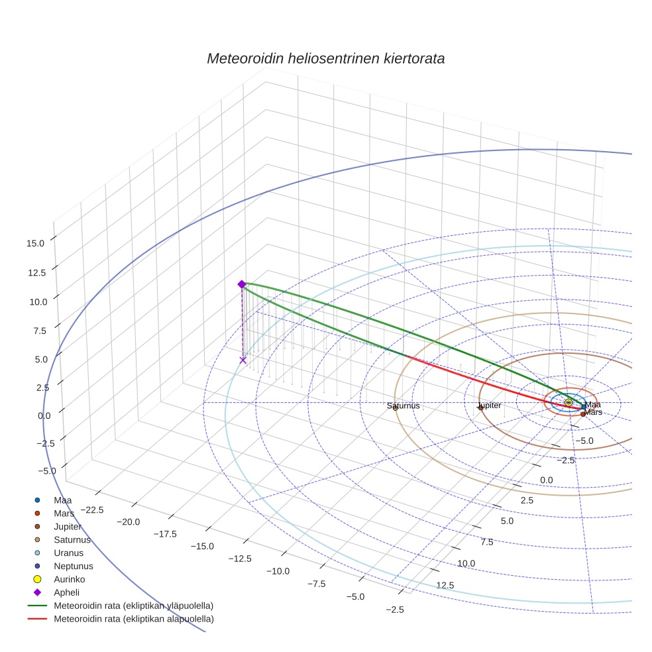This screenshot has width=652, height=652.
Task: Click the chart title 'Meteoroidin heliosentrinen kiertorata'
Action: coord(325,58)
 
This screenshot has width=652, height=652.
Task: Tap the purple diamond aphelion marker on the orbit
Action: coord(242,284)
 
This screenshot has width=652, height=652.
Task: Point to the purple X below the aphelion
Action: coord(243,360)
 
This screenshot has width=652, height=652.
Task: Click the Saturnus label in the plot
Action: coord(404,406)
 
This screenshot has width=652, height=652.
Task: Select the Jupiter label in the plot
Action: coord(489,405)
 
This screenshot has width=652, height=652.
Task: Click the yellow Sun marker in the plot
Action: coord(569,402)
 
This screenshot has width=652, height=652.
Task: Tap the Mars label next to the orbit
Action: coord(593,412)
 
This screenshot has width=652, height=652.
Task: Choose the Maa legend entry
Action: coord(62,500)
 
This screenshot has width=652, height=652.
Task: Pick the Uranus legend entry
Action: coord(68,553)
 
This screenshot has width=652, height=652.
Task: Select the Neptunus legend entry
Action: coord(73,566)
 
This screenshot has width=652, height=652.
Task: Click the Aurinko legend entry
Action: coord(69,579)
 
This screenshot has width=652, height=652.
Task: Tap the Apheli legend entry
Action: coord(66,592)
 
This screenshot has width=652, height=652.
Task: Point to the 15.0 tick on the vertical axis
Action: coord(35,243)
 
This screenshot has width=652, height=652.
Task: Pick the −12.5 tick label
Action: coord(239,558)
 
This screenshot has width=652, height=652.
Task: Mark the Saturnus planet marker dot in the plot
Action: coord(395,407)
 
